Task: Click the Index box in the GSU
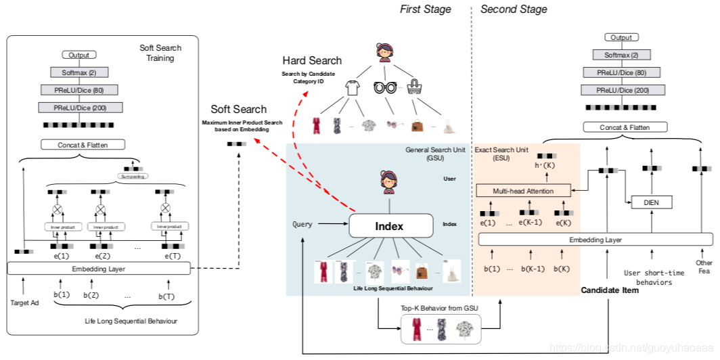tap(390, 225)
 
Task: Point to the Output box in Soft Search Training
tap(79, 55)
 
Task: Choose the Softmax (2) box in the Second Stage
tap(621, 54)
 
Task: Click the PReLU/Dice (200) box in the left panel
tap(79, 107)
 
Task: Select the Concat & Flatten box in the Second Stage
tap(625, 127)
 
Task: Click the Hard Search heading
tap(312, 61)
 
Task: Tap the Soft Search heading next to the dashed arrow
tap(238, 109)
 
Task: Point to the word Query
tap(302, 224)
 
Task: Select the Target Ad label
tap(24, 302)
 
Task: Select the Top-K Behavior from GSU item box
tap(440, 330)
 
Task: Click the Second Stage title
tap(514, 9)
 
